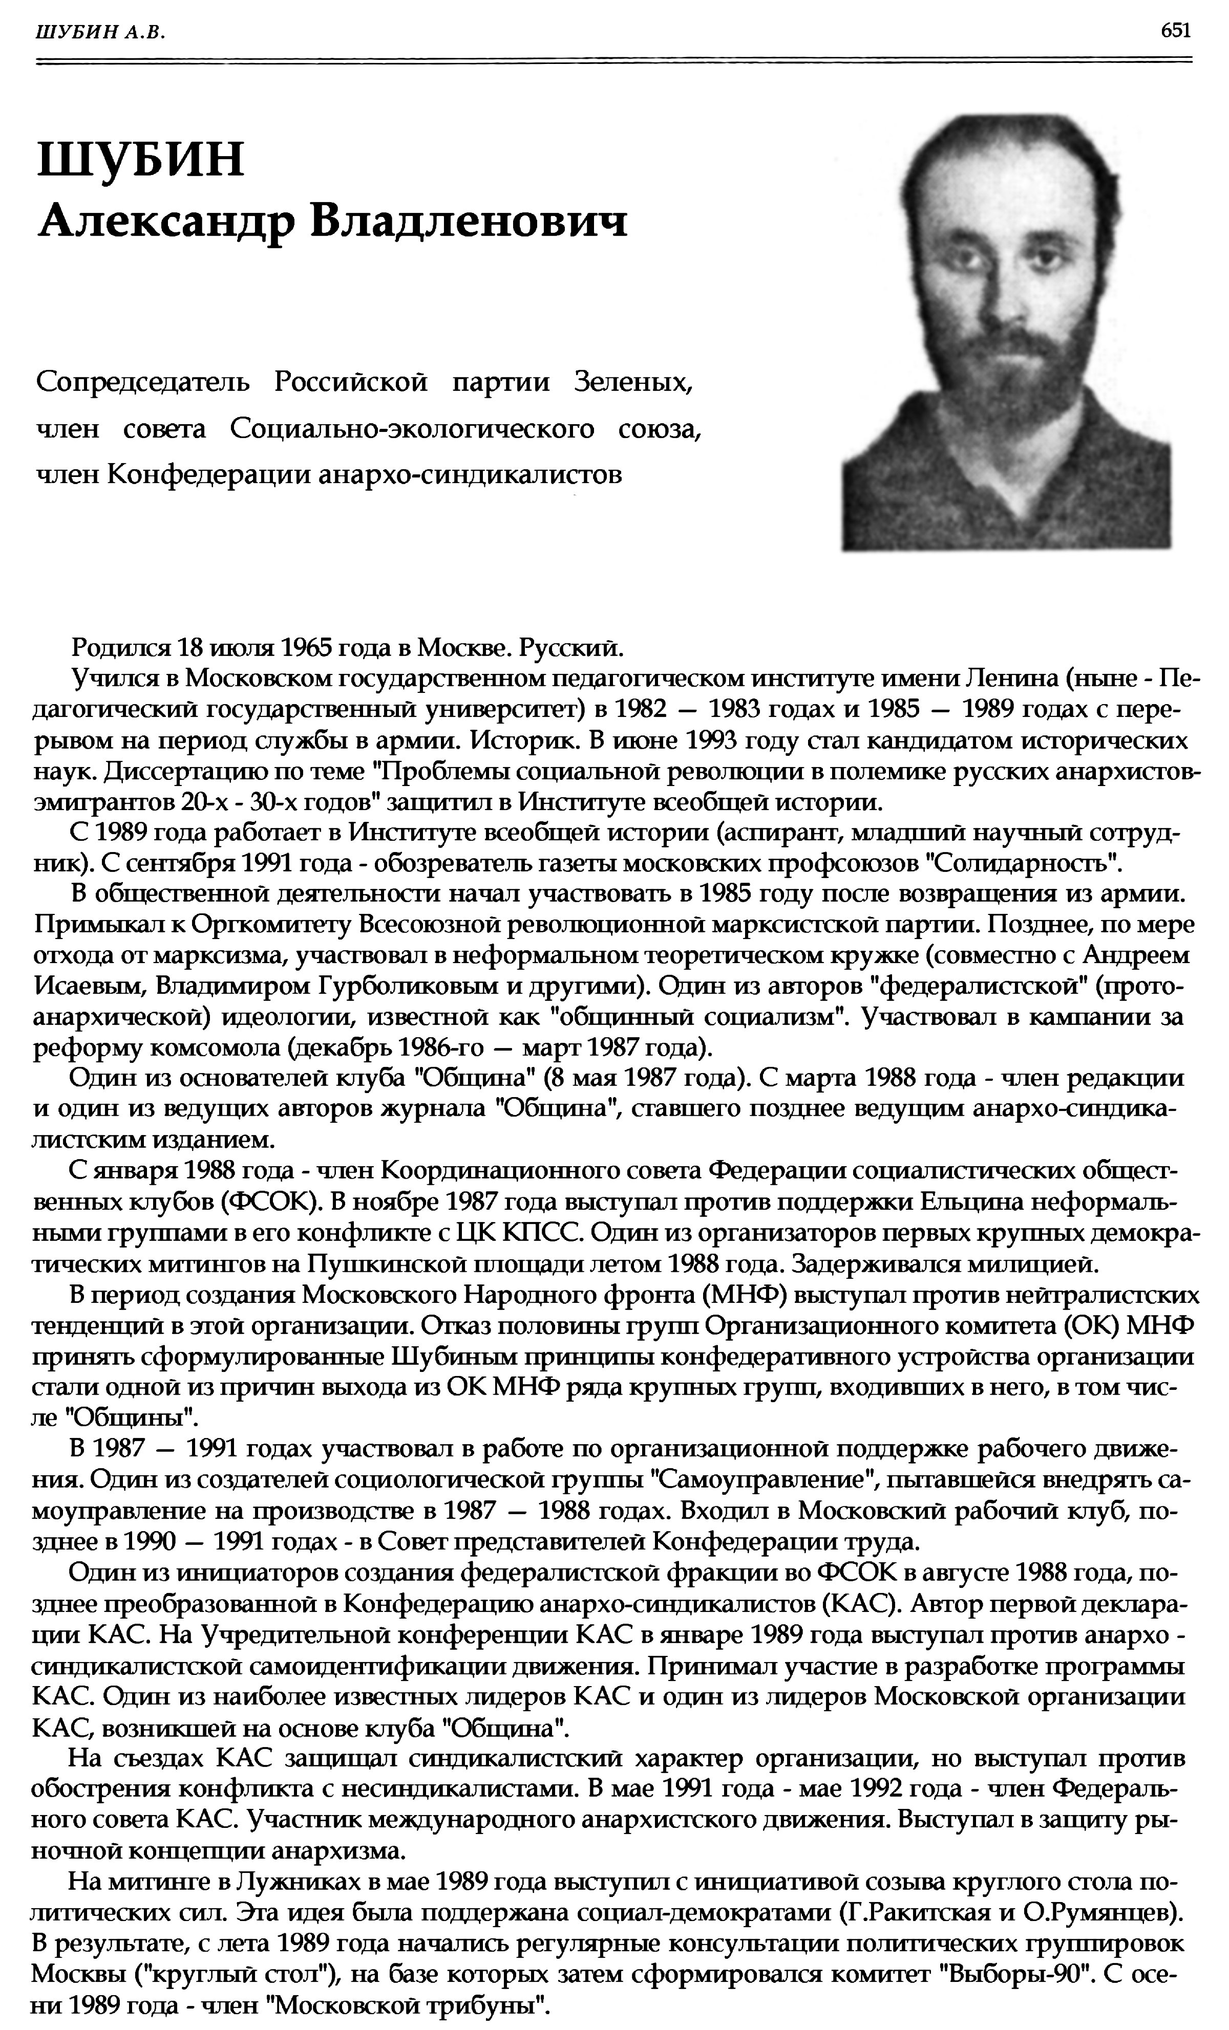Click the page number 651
1175,31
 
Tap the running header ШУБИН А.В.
100,32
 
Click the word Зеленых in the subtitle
637,382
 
